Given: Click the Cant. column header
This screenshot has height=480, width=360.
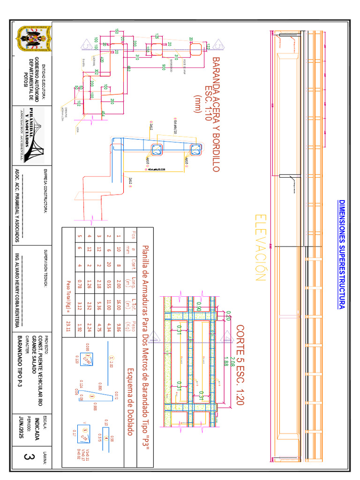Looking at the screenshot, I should pyautogui.click(x=133, y=265).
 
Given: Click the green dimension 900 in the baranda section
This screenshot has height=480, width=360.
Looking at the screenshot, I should pyautogui.click(x=163, y=66).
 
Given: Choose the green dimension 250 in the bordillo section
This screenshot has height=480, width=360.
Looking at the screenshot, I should pyautogui.click(x=112, y=101).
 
